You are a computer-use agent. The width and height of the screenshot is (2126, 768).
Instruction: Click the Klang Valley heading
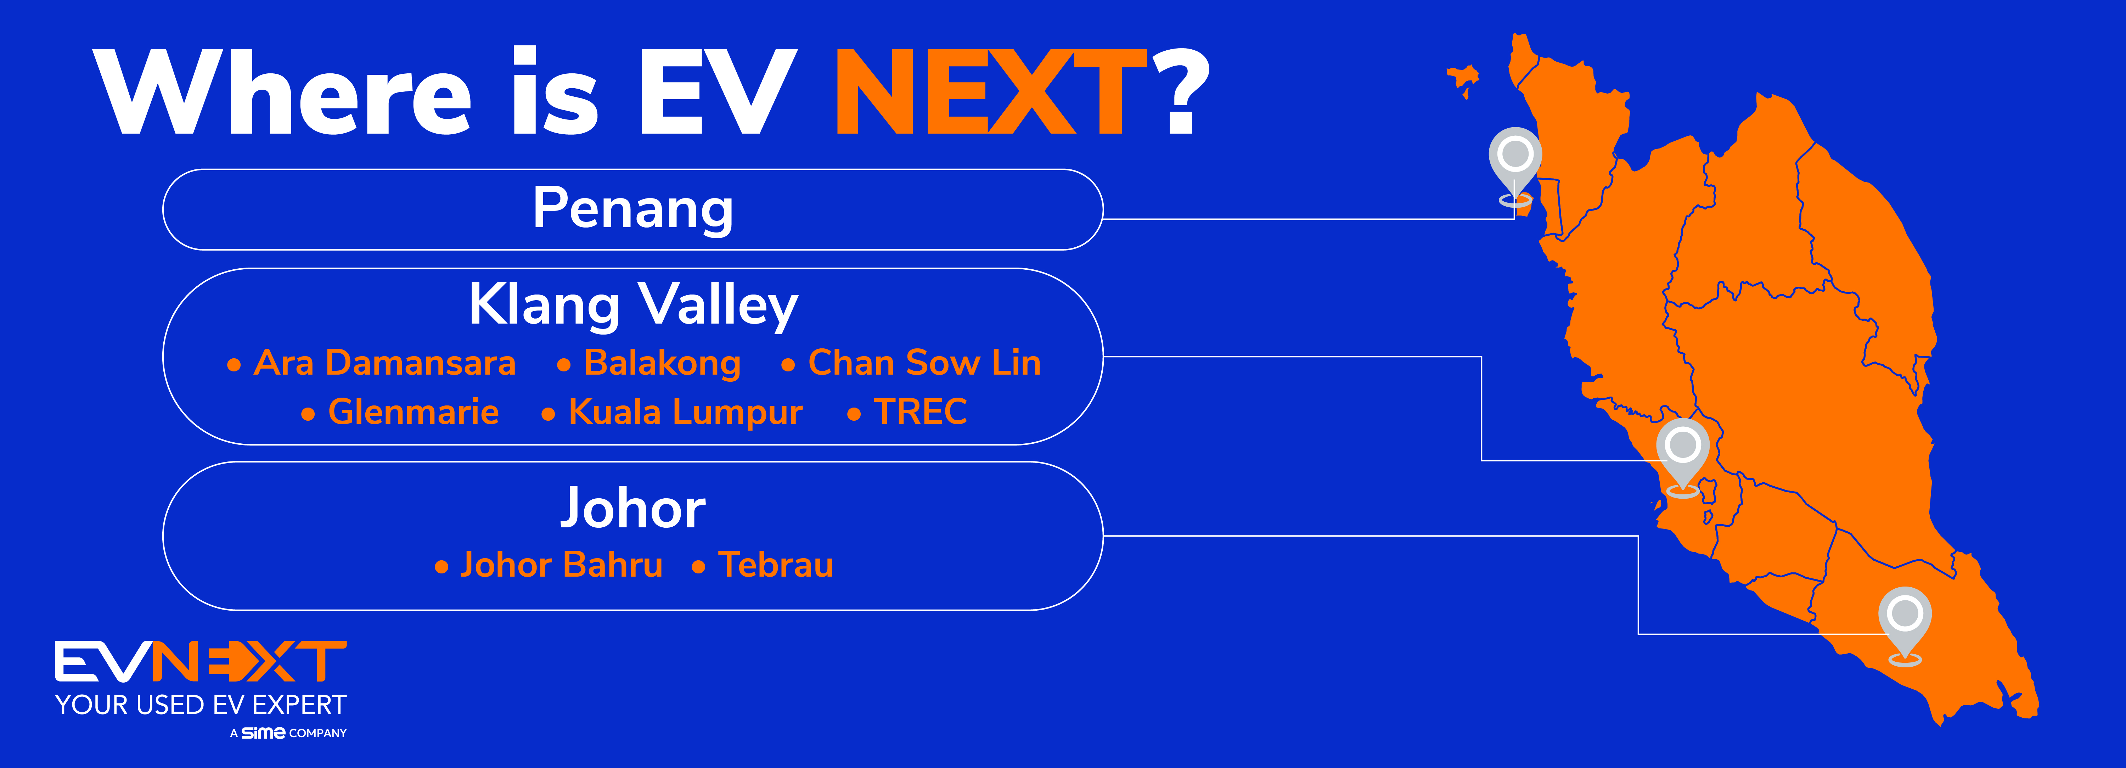click(x=633, y=305)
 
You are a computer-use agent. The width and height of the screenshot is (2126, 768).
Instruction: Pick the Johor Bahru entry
click(x=561, y=565)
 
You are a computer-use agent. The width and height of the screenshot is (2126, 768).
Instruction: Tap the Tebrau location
click(x=776, y=565)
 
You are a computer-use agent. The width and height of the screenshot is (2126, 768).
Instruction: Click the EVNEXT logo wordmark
click(x=201, y=661)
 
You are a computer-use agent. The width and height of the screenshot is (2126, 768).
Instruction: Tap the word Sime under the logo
click(x=263, y=733)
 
